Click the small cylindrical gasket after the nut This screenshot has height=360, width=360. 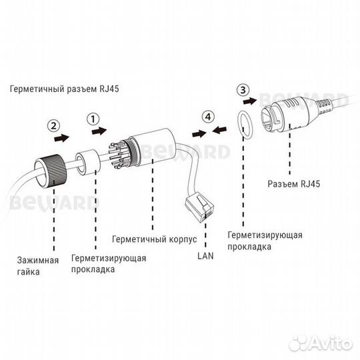(87, 162)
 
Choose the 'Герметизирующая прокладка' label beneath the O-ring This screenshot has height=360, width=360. (265, 241)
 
